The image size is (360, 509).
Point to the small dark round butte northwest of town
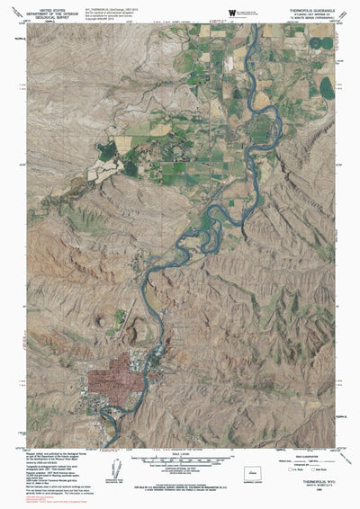pyautogui.click(x=120, y=317)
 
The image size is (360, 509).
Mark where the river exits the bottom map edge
pyautogui.click(x=118, y=446)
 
